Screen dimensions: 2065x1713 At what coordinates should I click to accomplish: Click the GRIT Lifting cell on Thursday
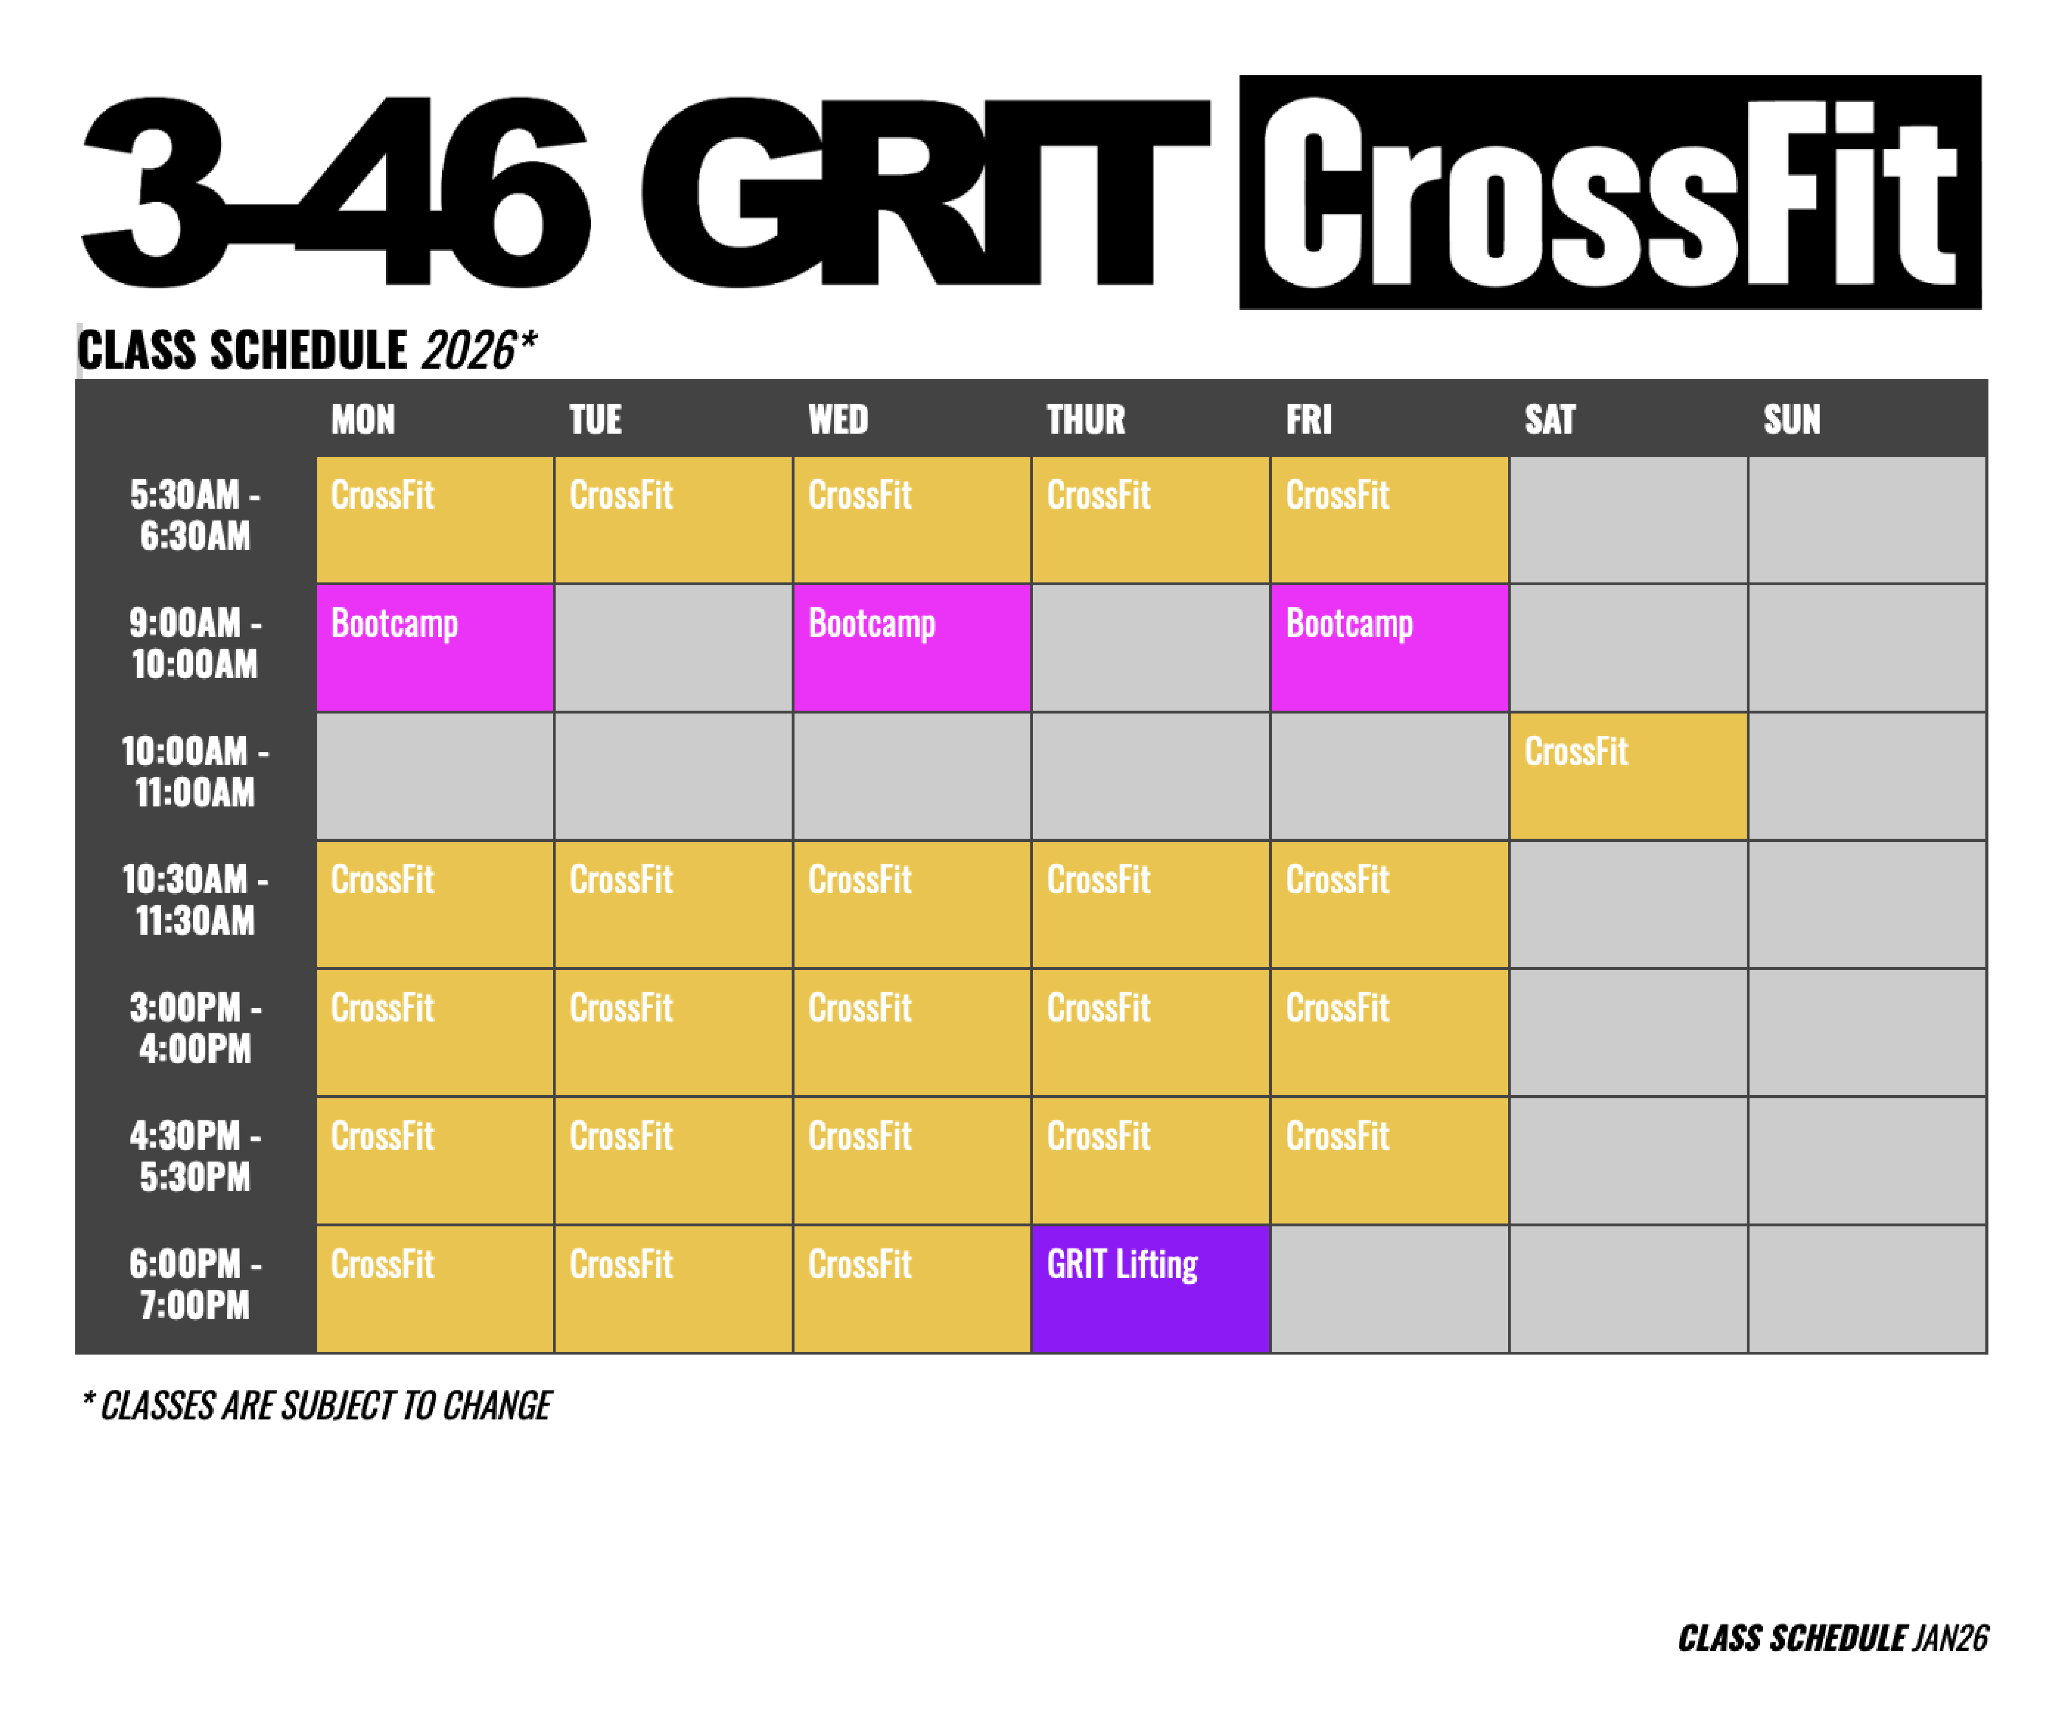click(1151, 1288)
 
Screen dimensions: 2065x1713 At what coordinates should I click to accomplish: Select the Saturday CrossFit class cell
click(1628, 776)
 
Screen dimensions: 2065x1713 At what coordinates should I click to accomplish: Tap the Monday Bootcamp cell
click(435, 648)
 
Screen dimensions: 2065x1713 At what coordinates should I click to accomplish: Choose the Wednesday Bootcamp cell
click(912, 648)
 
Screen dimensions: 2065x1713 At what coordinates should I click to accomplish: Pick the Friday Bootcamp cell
click(1389, 648)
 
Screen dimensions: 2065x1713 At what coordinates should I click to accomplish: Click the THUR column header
click(1086, 420)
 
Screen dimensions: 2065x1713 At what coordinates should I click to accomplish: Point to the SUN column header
click(1792, 420)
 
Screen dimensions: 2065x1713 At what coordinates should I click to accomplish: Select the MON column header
click(363, 420)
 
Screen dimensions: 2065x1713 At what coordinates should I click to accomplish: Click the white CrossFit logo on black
click(1610, 193)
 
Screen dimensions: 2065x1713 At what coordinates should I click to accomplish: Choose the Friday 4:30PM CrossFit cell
click(1389, 1160)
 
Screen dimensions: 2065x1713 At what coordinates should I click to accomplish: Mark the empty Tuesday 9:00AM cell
click(673, 648)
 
